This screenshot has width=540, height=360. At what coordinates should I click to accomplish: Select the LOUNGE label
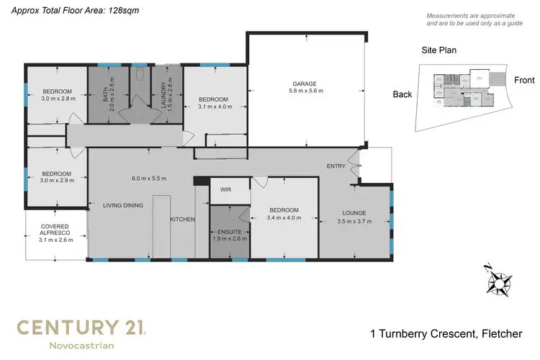355,213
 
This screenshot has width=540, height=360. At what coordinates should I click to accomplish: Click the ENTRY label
336,166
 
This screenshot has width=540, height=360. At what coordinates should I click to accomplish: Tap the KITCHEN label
182,219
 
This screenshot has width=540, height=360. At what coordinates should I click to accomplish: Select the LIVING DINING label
122,205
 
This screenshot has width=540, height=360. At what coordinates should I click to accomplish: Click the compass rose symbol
498,279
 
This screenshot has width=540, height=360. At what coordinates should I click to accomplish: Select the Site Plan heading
439,51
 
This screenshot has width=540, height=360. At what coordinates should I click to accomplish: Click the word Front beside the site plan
523,81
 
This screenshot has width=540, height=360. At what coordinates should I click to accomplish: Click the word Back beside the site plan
403,94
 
